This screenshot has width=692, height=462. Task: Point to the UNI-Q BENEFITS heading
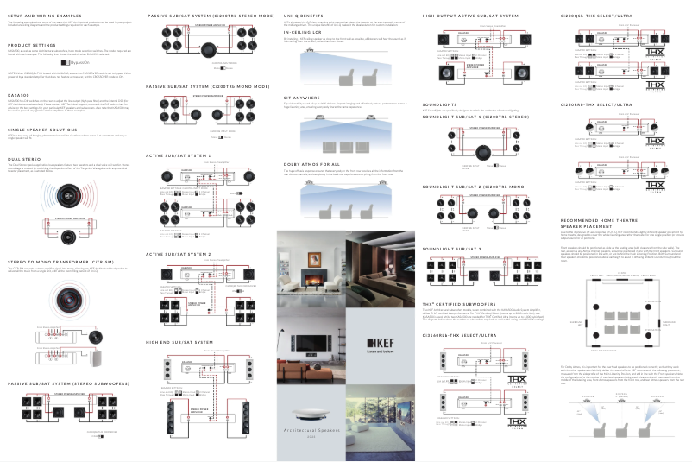coord(305,16)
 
